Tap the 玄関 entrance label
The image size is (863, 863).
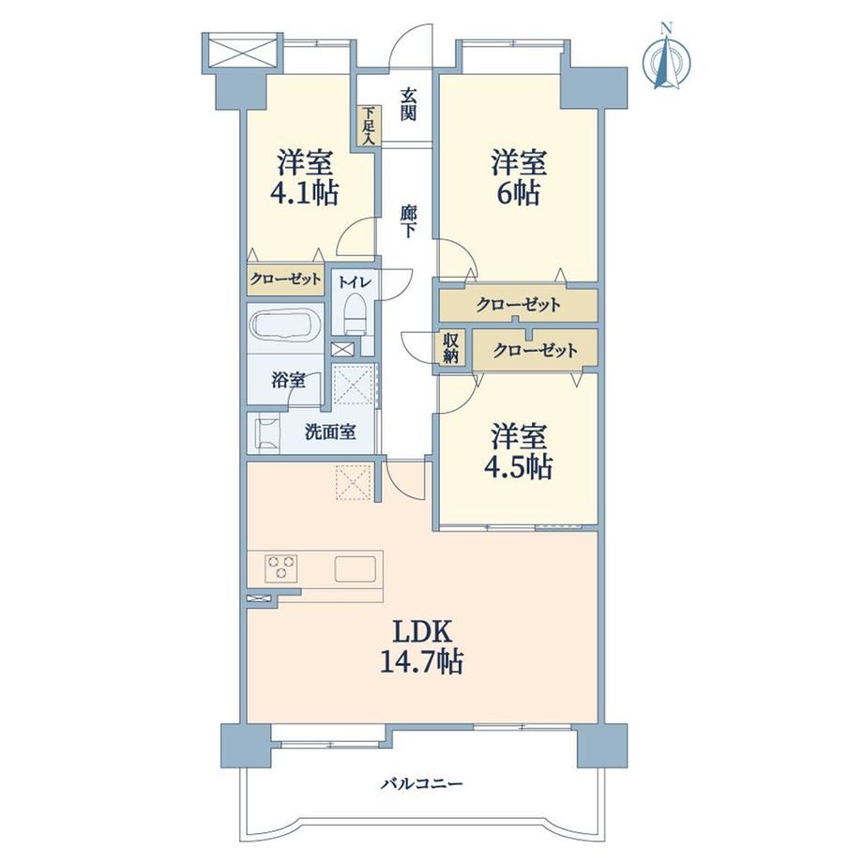pos(408,104)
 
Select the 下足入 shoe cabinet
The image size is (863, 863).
pos(367,126)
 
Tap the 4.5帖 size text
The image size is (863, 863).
pos(519,467)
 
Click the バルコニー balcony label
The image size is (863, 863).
pos(421,782)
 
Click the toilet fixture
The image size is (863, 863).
pos(355,313)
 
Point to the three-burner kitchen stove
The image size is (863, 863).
pos(281,568)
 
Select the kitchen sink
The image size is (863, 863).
pos(356,568)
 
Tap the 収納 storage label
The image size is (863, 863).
pos(450,347)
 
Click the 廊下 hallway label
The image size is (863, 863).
pos(408,221)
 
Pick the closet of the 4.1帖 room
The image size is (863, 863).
pos(284,279)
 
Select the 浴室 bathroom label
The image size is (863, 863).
pos(288,380)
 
